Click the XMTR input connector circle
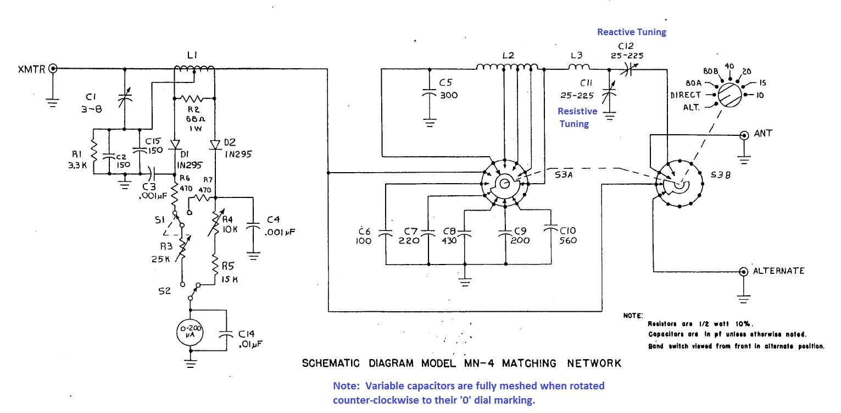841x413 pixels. (53, 68)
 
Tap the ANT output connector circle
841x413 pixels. (744, 135)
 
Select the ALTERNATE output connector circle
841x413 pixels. (744, 271)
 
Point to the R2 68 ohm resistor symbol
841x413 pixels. (193, 99)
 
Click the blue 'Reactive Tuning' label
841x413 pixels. (632, 32)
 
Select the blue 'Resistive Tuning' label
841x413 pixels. (577, 117)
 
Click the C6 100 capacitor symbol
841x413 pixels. (386, 234)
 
